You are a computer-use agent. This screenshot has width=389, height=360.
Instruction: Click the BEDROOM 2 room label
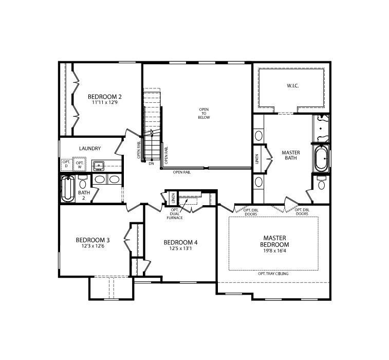point(104,97)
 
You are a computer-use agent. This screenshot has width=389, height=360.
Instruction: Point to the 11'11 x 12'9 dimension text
point(104,103)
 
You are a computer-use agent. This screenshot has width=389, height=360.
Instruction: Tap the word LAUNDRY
point(90,149)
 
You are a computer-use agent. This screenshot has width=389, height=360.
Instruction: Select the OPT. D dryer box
point(66,164)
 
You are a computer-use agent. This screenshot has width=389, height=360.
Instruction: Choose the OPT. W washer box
point(80,164)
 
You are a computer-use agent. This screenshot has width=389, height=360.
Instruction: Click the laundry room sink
point(99,166)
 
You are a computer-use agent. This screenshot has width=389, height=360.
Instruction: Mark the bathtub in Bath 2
point(67,188)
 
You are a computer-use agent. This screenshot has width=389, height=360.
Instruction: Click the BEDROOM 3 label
point(92,240)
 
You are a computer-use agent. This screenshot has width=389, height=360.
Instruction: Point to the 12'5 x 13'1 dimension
point(180,249)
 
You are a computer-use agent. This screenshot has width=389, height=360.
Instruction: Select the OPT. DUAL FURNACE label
point(175,214)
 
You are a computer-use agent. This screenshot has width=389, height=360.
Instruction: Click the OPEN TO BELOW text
point(205,113)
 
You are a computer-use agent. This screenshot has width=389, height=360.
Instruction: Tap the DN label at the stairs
point(151,164)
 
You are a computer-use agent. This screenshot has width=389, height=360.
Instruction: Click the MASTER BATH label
point(291,156)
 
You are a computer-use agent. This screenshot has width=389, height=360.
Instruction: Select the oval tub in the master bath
point(320,159)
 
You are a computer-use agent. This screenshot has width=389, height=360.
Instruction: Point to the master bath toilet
point(321,184)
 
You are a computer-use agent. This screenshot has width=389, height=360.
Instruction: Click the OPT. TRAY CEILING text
point(273,274)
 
